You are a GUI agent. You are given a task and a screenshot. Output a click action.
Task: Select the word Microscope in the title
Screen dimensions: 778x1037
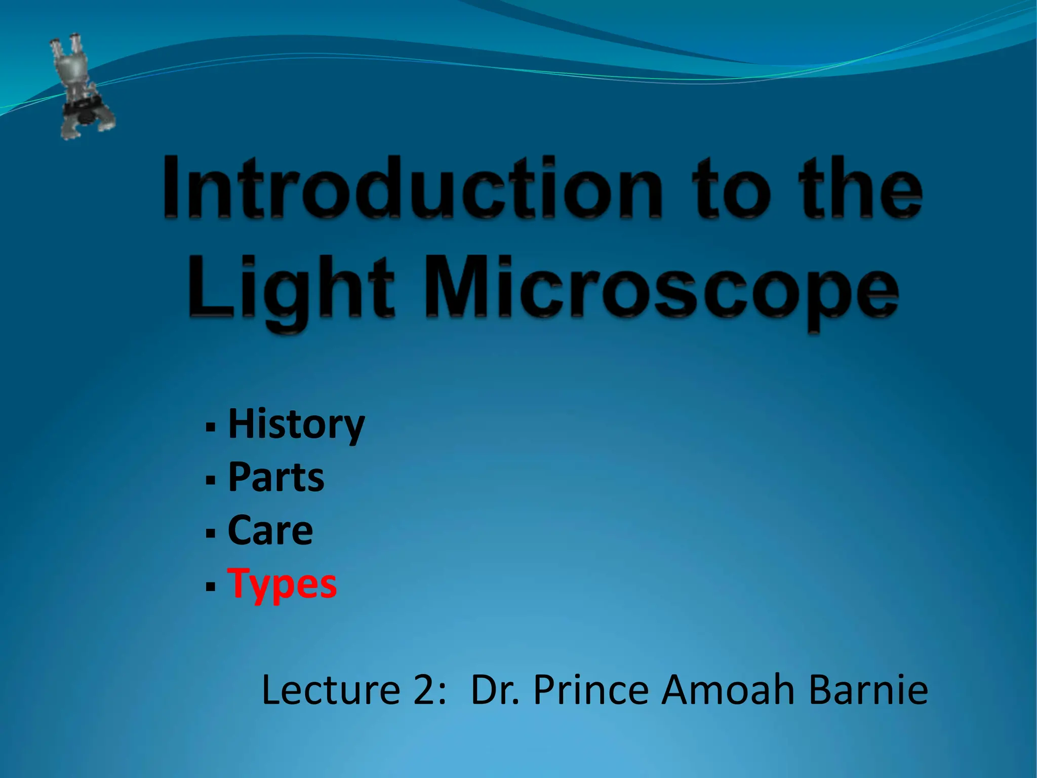[661, 291]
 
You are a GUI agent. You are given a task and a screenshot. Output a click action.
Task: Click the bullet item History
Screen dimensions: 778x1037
[296, 424]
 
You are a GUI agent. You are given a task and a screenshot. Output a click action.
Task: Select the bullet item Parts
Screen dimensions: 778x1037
[276, 477]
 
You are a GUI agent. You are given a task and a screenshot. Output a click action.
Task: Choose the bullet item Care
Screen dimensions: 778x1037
[270, 530]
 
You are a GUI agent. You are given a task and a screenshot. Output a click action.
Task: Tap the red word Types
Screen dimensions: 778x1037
[282, 584]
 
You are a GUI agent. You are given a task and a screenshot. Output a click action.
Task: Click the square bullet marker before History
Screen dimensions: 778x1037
[211, 427]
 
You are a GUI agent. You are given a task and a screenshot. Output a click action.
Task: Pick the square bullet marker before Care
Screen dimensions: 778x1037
[211, 533]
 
